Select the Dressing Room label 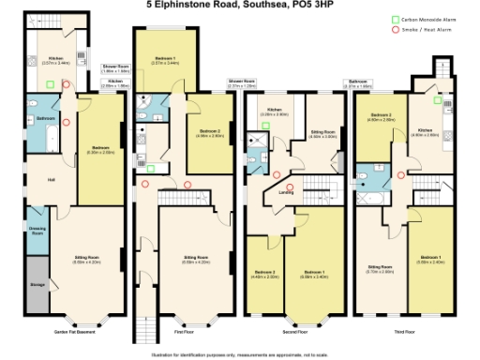point(37,232)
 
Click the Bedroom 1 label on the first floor point(170,61)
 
